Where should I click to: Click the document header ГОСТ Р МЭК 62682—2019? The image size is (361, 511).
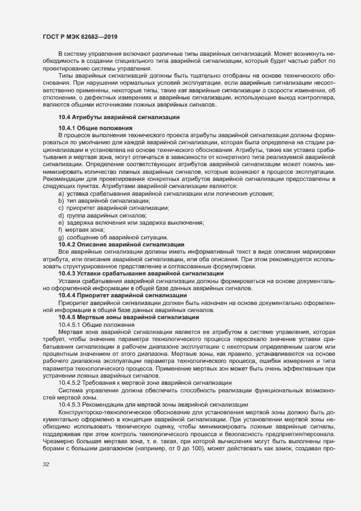point(80,36)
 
